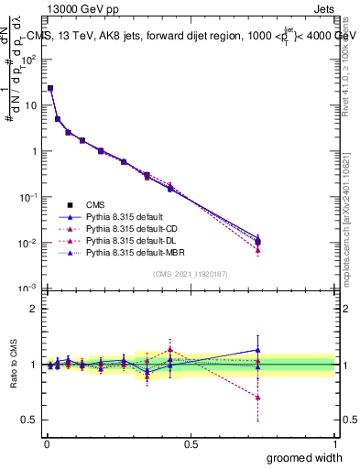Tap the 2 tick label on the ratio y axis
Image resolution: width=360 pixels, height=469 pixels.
pyautogui.click(x=36, y=309)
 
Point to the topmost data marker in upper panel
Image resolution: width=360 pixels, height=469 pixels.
pyautogui.click(x=50, y=89)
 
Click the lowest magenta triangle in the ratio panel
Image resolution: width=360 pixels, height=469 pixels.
pyautogui.click(x=258, y=398)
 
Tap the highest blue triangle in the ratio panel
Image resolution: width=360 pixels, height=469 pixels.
pyautogui.click(x=258, y=349)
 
